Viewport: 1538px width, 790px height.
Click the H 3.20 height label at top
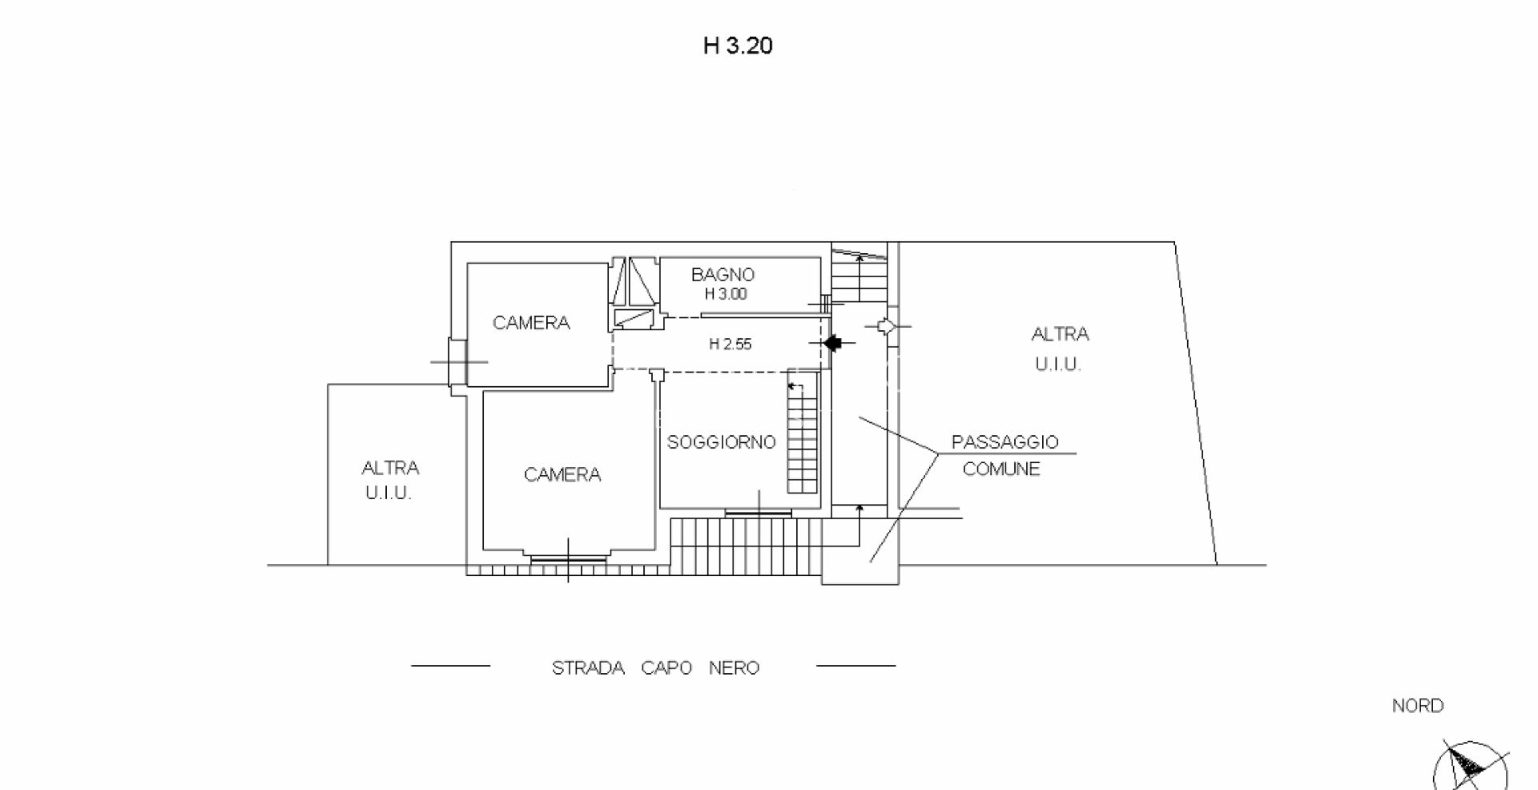(738, 46)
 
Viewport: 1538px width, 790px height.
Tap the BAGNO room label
(723, 275)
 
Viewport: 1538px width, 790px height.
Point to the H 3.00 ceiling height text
(725, 294)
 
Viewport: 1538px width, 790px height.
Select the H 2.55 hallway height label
(730, 345)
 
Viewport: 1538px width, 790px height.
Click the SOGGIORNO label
(721, 442)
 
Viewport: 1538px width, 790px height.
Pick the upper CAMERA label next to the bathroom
(531, 323)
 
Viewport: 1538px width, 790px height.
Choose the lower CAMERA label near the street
(562, 475)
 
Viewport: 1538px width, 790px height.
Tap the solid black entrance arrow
(833, 343)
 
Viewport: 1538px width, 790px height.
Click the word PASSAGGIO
(1005, 442)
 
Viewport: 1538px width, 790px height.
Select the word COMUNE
(1001, 470)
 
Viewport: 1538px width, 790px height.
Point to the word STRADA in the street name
(588, 668)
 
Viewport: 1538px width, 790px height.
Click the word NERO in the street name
(734, 668)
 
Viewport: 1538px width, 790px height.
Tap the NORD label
(1418, 706)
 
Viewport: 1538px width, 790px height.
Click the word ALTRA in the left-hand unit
(390, 468)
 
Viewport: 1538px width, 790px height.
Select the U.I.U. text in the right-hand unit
(1057, 365)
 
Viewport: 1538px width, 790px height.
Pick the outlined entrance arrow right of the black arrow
(884, 327)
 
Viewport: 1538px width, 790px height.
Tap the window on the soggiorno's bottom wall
(757, 512)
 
